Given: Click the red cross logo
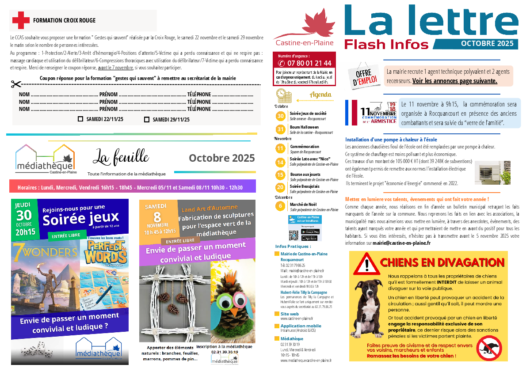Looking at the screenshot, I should pyautogui.click(x=20, y=20).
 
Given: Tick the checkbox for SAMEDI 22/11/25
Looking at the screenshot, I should pyautogui.click(x=80, y=119).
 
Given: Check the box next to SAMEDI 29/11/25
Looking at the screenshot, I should pyautogui.click(x=147, y=119).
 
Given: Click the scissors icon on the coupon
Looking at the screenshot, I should pyautogui.click(x=16, y=84).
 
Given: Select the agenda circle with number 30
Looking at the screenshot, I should pyautogui.click(x=280, y=116).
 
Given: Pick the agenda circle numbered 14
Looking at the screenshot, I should pyautogui.click(x=280, y=162).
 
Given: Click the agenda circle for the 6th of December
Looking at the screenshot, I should pyautogui.click(x=280, y=206).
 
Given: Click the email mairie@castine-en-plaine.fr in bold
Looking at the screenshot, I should pyautogui.click(x=401, y=243).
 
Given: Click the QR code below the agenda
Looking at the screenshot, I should pyautogui.click(x=293, y=235).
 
